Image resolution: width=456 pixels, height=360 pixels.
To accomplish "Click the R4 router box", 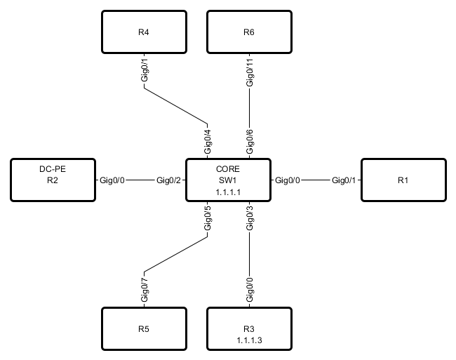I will tap(144, 32).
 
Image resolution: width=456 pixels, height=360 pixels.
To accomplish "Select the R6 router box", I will tap(249, 32).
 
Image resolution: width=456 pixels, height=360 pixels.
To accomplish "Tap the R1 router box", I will tap(403, 180).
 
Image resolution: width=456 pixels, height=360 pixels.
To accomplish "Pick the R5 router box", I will tap(144, 328).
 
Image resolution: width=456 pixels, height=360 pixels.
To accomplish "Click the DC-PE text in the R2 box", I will tap(52, 169).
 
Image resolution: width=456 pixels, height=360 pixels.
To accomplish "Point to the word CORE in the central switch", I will tap(227, 169).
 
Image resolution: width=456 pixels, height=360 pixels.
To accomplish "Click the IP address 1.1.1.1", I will tap(227, 191).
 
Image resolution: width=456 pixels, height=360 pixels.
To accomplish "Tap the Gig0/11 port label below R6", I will tap(249, 74).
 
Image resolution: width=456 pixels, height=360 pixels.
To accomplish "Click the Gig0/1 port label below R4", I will tap(145, 72).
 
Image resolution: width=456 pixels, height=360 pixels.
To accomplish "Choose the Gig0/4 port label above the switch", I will tap(207, 142).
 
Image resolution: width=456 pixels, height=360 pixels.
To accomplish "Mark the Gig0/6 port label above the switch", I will tap(249, 142).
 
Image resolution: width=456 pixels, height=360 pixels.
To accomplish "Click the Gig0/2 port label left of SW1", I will tap(169, 180).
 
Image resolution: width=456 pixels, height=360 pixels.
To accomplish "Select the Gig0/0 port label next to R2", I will tap(113, 180).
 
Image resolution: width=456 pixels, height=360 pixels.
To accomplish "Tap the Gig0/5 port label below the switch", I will tap(207, 218).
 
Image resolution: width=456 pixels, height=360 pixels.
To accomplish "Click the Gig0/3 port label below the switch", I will tap(249, 218).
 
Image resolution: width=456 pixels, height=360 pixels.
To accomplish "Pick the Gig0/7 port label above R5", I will tap(145, 289).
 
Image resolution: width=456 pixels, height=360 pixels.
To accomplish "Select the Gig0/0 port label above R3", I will tap(249, 291).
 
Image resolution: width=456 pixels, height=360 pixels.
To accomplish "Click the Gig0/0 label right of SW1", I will tap(288, 180).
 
